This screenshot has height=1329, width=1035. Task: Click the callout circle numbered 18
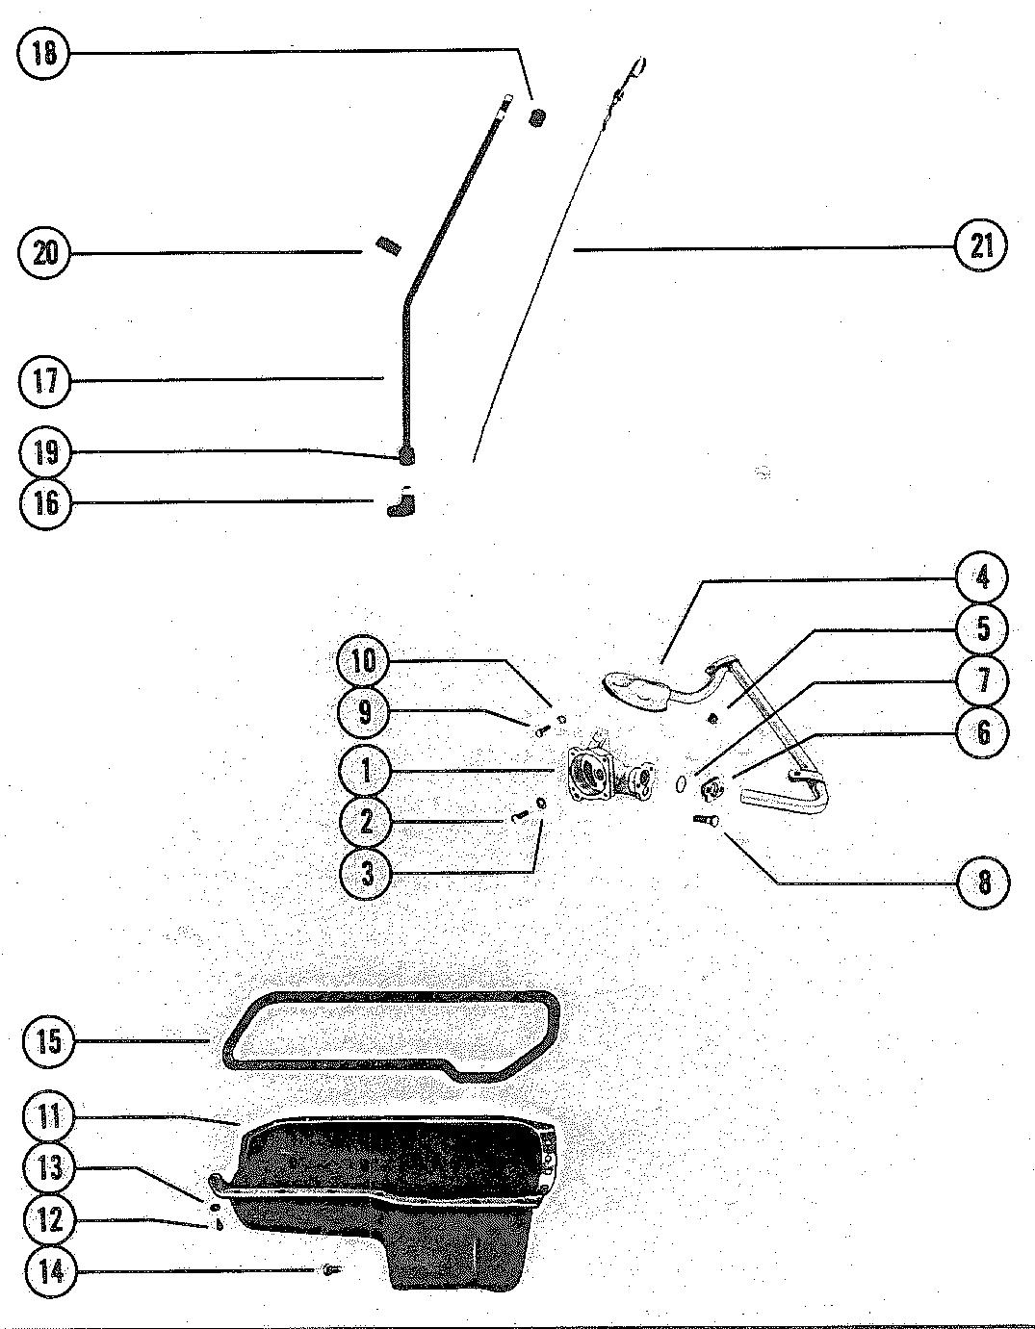click(43, 52)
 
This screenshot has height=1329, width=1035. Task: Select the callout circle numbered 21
click(980, 247)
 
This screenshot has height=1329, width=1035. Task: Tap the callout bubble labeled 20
click(44, 253)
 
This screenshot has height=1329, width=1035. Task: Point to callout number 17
click(44, 381)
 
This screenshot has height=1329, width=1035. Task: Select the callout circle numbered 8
click(983, 882)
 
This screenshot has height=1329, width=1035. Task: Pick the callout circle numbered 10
click(366, 661)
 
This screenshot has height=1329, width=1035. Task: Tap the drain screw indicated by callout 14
click(332, 1270)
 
